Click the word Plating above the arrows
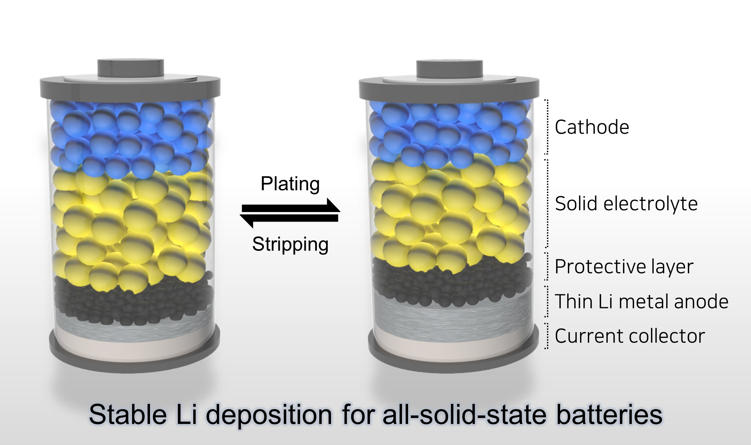point(290,184)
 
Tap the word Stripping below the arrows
point(290,244)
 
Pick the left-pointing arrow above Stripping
point(289,219)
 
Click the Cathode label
point(592,127)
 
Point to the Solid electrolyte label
point(626,204)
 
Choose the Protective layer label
point(624,267)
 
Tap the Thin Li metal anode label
point(641,302)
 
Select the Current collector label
point(630,336)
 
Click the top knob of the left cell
point(130,68)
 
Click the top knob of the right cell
point(449,69)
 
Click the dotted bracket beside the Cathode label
point(547,127)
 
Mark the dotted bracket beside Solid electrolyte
point(547,203)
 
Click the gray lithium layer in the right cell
point(453,317)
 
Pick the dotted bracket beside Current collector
point(547,336)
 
